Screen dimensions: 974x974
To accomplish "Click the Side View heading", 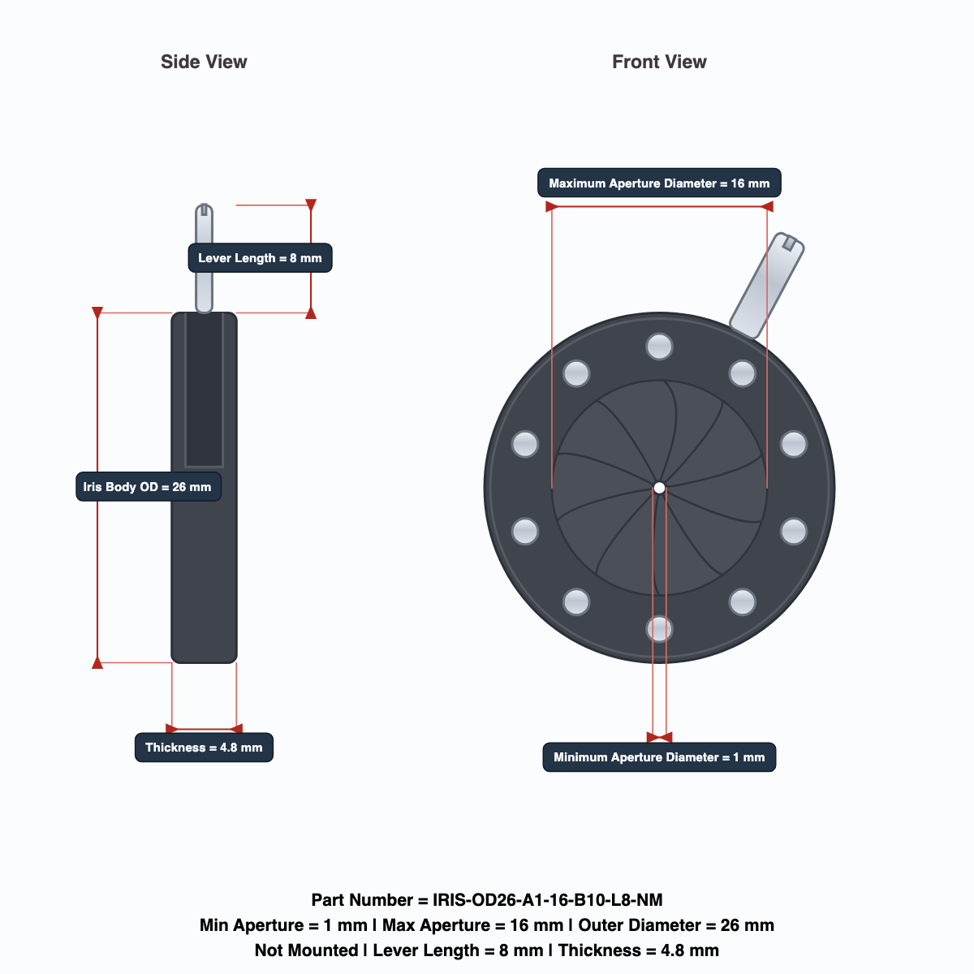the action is pos(204,62).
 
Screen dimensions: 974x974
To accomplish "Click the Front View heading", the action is pos(659,62).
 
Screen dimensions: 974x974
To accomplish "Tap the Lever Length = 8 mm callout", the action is pos(260,258).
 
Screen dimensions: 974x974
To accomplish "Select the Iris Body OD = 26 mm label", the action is pos(148,487).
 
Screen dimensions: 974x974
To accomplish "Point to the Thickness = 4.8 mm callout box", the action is pos(204,747).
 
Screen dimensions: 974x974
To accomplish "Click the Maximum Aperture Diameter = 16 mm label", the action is pos(659,183).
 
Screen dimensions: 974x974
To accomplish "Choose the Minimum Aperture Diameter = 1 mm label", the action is pos(659,757).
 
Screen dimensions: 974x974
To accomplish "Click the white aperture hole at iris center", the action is pos(659,488).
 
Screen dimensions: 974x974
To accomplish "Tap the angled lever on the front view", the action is pos(767,286).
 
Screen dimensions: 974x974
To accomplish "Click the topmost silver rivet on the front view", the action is pos(659,347).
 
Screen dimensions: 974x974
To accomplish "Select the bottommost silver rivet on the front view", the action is pos(659,629).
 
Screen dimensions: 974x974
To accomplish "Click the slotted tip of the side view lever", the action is pos(205,209).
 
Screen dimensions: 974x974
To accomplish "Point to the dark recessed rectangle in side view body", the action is pos(205,390).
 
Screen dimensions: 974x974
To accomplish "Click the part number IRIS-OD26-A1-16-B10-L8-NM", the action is pos(547,899).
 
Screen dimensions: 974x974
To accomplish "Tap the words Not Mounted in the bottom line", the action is pos(306,950).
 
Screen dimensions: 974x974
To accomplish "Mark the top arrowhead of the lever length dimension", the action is pos(311,205).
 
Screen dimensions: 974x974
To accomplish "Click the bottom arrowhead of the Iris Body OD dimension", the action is pos(97,662).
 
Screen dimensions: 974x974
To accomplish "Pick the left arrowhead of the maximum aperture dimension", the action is pos(552,206).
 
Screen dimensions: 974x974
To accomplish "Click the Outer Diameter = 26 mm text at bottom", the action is pos(676,925).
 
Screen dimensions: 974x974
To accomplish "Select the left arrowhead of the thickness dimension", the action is pos(172,728).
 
